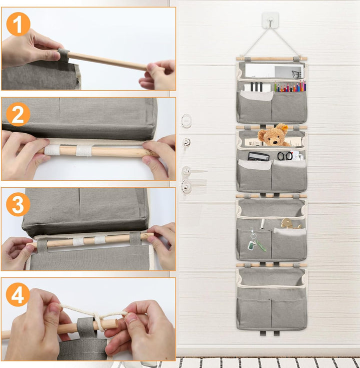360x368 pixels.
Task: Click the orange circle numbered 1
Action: pyautogui.click(x=18, y=24)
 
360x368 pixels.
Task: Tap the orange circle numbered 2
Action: pyautogui.click(x=18, y=114)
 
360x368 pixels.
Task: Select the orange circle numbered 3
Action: pyautogui.click(x=18, y=204)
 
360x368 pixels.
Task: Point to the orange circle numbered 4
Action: pyautogui.click(x=18, y=294)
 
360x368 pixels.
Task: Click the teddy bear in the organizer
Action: pyautogui.click(x=273, y=135)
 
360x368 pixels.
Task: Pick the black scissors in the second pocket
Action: pyautogui.click(x=285, y=156)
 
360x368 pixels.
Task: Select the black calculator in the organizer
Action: pyautogui.click(x=258, y=157)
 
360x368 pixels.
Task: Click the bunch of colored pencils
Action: pyautogui.click(x=290, y=86)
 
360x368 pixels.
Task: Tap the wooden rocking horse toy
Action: pyautogui.click(x=291, y=223)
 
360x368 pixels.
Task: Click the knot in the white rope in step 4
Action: pyautogui.click(x=98, y=318)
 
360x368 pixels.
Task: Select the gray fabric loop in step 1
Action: pyautogui.click(x=63, y=56)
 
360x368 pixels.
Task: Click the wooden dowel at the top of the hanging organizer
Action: pyautogui.click(x=271, y=59)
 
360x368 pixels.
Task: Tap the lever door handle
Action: pyautogui.click(x=193, y=171)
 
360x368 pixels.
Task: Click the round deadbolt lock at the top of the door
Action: pyautogui.click(x=186, y=121)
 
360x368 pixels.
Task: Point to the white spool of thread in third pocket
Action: pyautogui.click(x=262, y=223)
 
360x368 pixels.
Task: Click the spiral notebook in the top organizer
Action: pyautogui.click(x=257, y=87)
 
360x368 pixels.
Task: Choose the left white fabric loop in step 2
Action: pyautogui.click(x=52, y=150)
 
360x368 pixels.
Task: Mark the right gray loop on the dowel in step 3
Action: pyautogui.click(x=135, y=238)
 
